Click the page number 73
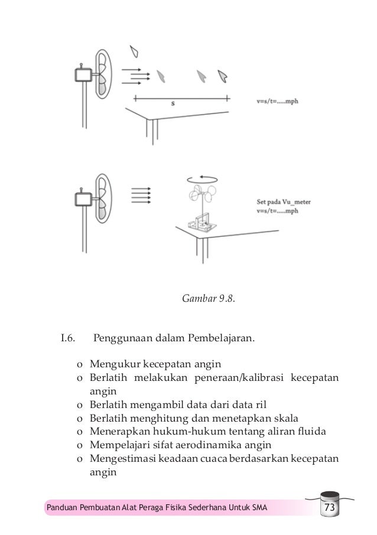[x=328, y=509]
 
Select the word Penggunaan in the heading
[x=123, y=339]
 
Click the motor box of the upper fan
[x=83, y=76]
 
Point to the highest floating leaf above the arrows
[x=137, y=51]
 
